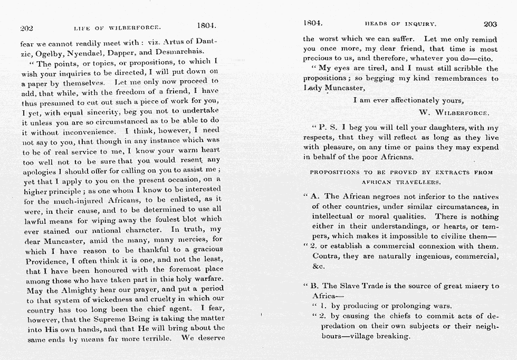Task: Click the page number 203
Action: (490, 24)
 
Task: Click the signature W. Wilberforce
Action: (454, 112)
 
